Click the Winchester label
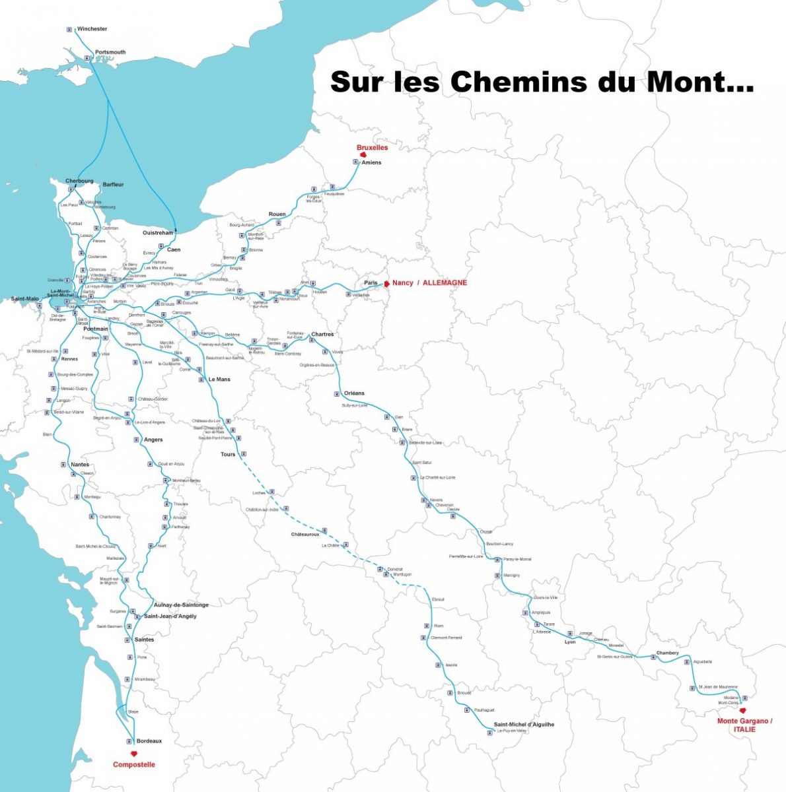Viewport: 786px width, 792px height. click(x=92, y=29)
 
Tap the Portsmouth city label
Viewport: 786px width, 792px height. click(x=110, y=52)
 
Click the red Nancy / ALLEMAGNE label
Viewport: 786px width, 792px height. click(x=429, y=282)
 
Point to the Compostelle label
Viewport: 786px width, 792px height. click(x=134, y=764)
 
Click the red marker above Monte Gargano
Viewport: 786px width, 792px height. click(x=743, y=711)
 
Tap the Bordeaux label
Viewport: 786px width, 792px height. click(x=149, y=741)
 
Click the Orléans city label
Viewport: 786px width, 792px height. click(x=354, y=393)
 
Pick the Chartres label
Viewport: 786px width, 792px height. click(x=322, y=334)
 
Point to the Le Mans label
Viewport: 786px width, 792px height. click(x=219, y=379)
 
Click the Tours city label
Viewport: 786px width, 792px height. click(x=228, y=454)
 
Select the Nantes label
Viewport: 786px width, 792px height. click(x=80, y=465)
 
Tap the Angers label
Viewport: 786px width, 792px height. click(x=153, y=440)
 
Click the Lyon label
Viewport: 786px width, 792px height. click(x=570, y=642)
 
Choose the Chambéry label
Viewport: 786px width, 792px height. click(x=667, y=653)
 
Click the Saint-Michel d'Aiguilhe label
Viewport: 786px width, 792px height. click(x=524, y=724)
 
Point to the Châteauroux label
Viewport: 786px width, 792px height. click(x=305, y=534)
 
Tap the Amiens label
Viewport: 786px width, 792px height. click(x=371, y=162)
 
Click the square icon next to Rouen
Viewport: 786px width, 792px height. click(x=278, y=222)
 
